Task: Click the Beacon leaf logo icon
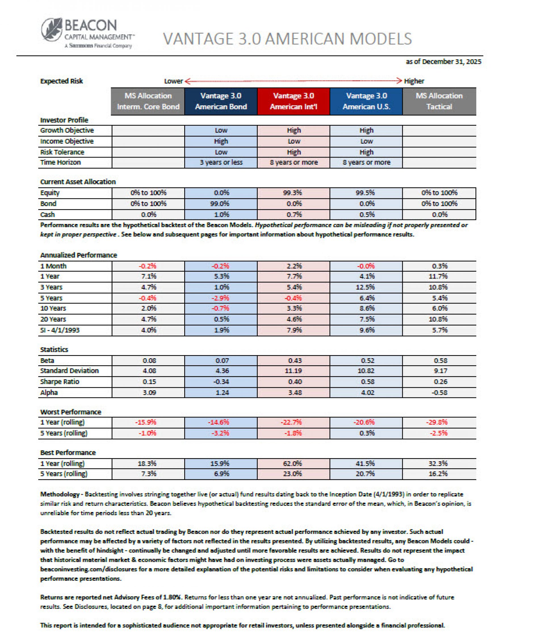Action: pyautogui.click(x=52, y=30)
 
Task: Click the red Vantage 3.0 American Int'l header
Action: pyautogui.click(x=293, y=101)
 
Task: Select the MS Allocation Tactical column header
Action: pyautogui.click(x=439, y=101)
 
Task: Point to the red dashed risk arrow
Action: pyautogui.click(x=293, y=81)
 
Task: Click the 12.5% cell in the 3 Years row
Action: pyautogui.click(x=366, y=287)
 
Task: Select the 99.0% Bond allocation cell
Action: pyautogui.click(x=221, y=204)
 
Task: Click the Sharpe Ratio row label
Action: pyautogui.click(x=60, y=382)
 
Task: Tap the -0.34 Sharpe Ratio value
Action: pyautogui.click(x=222, y=382)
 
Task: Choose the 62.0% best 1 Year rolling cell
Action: pyautogui.click(x=292, y=464)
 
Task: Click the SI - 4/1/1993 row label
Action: pyautogui.click(x=60, y=330)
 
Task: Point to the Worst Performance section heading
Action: pyautogui.click(x=71, y=412)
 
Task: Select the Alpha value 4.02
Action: pyautogui.click(x=367, y=393)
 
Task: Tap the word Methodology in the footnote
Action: pyautogui.click(x=60, y=494)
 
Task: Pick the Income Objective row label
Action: pyautogui.click(x=67, y=141)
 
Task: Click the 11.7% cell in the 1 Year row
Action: pyautogui.click(x=439, y=276)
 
